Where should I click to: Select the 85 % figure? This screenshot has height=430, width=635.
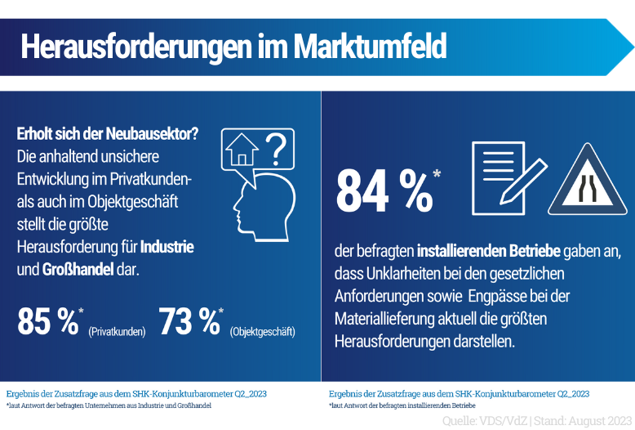point(47,321)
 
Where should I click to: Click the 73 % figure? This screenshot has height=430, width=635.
point(189,321)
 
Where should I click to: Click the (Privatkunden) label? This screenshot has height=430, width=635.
point(117,332)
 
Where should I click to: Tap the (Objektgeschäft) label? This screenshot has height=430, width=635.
point(263,332)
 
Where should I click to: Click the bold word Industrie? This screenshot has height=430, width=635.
point(167,246)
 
